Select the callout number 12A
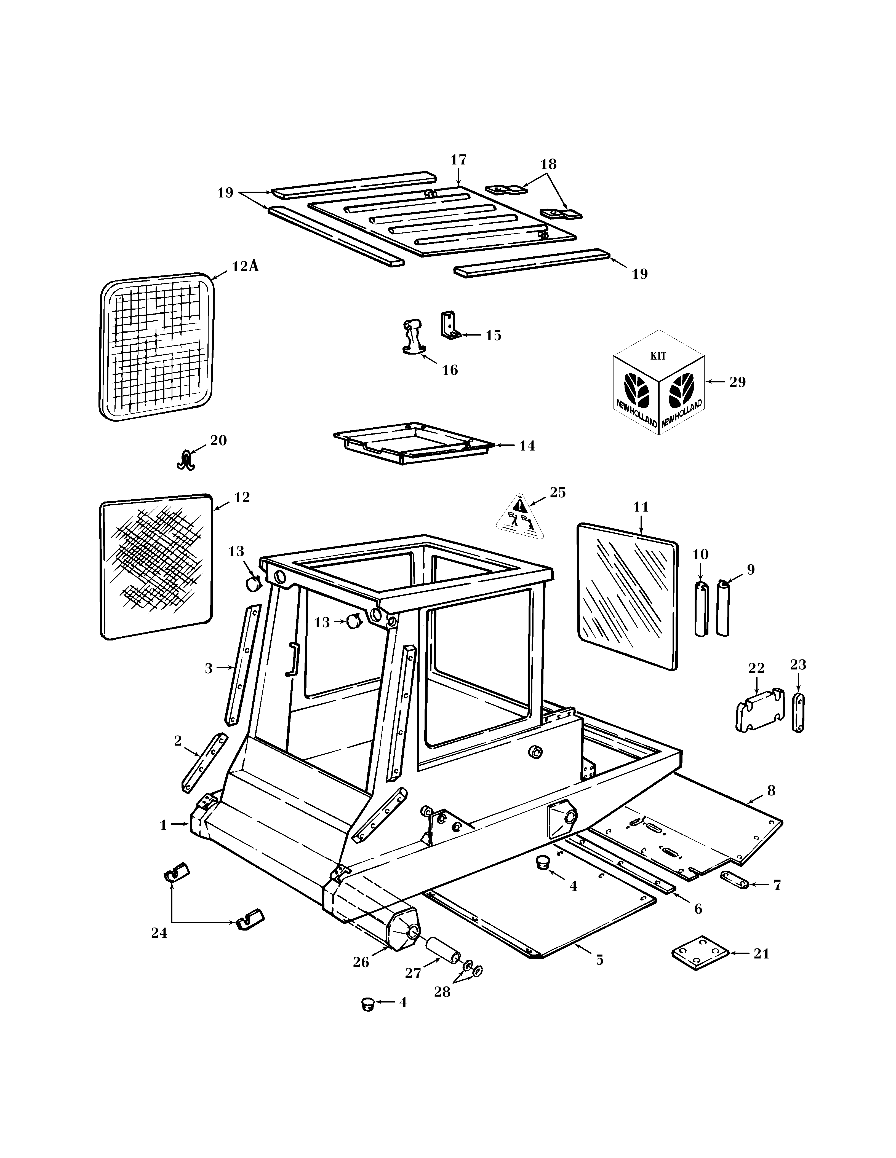[x=245, y=266]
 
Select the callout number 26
[x=361, y=962]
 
